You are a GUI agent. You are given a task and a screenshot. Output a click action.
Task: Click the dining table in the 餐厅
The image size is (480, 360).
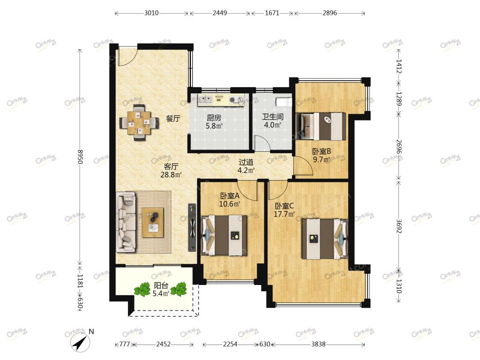click(139, 123)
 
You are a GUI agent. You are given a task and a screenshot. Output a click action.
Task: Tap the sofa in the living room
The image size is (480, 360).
click(126, 222)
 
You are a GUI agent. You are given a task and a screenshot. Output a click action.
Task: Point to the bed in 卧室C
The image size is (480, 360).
click(325, 239)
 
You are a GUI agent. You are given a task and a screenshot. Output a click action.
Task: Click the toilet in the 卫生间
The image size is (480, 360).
click(283, 102)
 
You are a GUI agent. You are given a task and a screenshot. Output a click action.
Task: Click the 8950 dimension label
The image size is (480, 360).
click(80, 157)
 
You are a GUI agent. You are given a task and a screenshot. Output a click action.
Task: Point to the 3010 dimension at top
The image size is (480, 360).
click(151, 13)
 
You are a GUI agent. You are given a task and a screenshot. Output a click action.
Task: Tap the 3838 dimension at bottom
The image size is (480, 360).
click(318, 344)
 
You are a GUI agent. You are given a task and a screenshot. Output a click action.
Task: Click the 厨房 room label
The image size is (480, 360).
click(214, 118)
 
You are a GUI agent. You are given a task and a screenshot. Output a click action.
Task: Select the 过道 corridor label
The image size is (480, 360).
click(246, 162)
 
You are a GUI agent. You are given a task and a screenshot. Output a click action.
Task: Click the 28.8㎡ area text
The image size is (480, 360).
click(171, 175)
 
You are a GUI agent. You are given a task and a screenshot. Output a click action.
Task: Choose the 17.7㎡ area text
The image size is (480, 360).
click(284, 214)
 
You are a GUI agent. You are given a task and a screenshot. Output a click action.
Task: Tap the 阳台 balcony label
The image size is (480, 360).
click(161, 285)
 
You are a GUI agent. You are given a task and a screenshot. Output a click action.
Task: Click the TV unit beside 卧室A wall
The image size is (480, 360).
click(192, 227)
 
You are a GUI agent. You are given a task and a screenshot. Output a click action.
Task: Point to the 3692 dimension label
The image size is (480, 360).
click(398, 225)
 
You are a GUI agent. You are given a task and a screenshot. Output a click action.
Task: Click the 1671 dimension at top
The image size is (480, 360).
click(272, 13)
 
